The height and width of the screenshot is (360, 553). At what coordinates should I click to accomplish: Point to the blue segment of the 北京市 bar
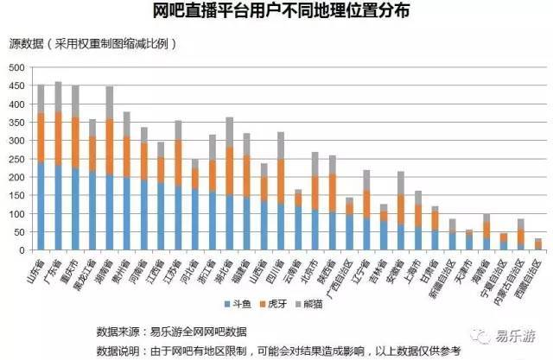click(315, 231)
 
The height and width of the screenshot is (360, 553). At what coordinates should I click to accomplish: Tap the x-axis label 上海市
click(414, 268)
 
